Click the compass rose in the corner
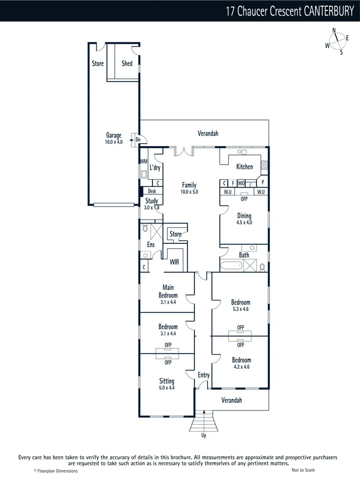click(337, 41)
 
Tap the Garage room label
click(114, 135)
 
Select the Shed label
click(127, 63)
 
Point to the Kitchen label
click(244, 167)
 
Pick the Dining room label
click(244, 216)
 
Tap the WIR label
click(174, 262)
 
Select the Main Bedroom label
click(168, 291)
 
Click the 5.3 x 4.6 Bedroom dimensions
click(240, 309)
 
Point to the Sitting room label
click(167, 381)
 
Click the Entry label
click(204, 375)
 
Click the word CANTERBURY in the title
click(329, 11)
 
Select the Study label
click(151, 201)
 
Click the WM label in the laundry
click(143, 162)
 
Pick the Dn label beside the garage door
click(138, 140)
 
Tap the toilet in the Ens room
click(145, 229)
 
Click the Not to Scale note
click(303, 470)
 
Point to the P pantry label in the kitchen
click(263, 182)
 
